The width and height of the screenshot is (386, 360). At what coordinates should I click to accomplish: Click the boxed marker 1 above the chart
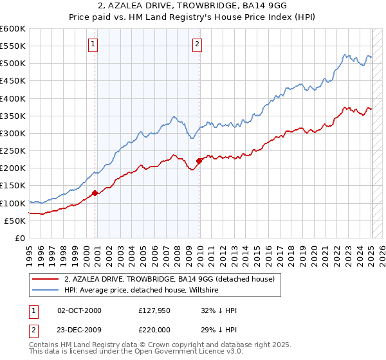click(x=93, y=44)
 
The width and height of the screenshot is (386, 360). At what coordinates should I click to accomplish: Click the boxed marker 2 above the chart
click(x=197, y=44)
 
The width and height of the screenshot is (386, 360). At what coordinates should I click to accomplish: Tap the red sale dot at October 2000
click(x=95, y=193)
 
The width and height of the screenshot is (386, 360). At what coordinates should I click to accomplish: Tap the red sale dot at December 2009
click(x=199, y=161)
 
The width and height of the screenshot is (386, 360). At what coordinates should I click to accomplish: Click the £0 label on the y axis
click(x=21, y=238)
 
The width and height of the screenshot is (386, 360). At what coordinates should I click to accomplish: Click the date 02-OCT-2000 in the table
click(x=79, y=310)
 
